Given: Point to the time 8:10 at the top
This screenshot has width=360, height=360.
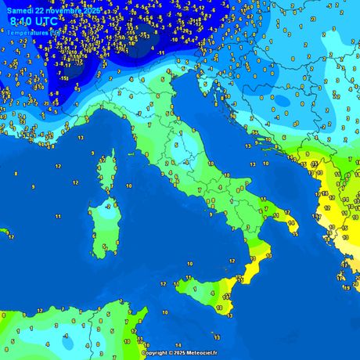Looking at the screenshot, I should (21, 22).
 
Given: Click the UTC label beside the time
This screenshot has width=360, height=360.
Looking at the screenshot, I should (46, 22).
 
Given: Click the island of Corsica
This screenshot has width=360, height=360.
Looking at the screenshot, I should (107, 169).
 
